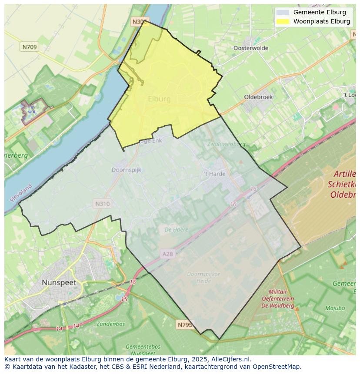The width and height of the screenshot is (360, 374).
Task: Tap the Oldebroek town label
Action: coord(258,97)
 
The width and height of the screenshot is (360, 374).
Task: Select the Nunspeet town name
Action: coord(59,282)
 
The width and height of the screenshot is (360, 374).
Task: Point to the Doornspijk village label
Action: coord(127,170)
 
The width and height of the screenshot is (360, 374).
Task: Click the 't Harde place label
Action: coord(215,174)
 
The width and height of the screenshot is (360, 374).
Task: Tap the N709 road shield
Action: coord(30,47)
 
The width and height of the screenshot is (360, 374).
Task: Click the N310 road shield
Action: coord(103,204)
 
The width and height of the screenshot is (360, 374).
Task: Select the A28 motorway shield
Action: coord(167,254)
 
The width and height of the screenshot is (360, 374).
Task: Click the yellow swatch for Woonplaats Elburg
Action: coord(283,21)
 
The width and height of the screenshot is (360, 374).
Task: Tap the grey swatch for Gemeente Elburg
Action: coord(283,12)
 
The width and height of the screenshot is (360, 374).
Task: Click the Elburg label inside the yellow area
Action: coord(159,99)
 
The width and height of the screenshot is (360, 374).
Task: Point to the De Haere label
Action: coord(177,229)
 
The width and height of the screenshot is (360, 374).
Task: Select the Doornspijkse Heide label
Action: coord(203,278)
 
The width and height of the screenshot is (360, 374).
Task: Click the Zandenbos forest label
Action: coord(110,324)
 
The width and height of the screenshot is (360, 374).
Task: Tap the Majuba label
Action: coord(335,308)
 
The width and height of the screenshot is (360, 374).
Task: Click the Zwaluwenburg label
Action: coord(226,144)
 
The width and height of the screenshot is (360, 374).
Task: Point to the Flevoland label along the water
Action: coord(21,193)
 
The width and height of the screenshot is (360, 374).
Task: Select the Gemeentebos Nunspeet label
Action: coord(143,350)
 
